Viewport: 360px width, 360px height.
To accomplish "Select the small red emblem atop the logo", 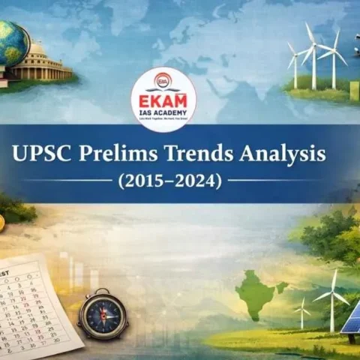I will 163,79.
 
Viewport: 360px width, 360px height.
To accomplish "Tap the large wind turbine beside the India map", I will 331,296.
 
